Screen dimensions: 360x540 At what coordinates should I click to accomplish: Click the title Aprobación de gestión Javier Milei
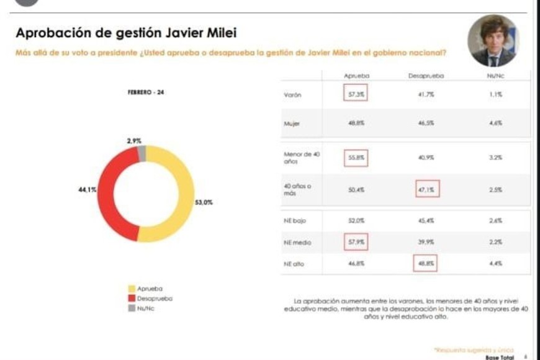click(126, 34)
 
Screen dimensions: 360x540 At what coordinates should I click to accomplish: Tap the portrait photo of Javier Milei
click(493, 41)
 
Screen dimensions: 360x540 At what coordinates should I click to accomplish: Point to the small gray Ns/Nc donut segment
click(142, 153)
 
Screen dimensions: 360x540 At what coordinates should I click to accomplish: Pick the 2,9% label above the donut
click(134, 142)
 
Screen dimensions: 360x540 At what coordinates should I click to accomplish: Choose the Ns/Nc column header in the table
click(494, 76)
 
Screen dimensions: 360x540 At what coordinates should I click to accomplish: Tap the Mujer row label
click(292, 124)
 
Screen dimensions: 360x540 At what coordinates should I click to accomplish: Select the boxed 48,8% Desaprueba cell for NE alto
click(425, 263)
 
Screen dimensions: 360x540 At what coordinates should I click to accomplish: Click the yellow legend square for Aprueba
click(131, 289)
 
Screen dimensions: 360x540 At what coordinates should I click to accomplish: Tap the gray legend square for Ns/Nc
click(131, 307)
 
